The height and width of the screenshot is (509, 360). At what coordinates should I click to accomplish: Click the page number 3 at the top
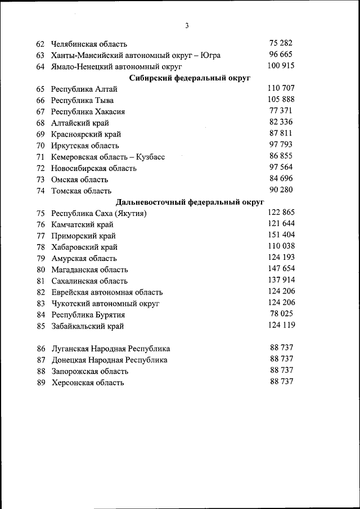[187, 25]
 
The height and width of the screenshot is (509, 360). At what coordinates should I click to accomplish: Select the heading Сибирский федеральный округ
[190, 78]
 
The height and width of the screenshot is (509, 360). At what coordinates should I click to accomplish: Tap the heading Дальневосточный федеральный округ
[190, 202]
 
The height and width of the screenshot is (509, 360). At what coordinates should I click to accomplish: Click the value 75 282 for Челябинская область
[281, 43]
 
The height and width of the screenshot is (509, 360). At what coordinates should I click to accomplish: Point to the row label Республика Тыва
[82, 101]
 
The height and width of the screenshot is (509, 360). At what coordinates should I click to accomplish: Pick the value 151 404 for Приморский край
[281, 235]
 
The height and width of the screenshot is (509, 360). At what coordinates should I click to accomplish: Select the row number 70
[40, 146]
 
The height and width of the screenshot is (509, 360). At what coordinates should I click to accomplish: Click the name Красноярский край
[86, 134]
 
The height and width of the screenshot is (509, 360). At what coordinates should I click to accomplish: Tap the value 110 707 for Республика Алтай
[281, 88]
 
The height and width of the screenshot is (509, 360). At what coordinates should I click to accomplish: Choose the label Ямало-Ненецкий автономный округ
[116, 67]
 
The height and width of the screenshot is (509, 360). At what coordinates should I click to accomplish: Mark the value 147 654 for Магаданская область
[281, 269]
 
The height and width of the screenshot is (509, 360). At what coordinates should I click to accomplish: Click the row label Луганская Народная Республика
[110, 349]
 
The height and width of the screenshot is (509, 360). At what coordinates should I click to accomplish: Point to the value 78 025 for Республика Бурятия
[281, 314]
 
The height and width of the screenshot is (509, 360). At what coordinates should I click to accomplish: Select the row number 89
[40, 383]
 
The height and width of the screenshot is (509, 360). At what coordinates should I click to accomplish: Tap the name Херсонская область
[88, 383]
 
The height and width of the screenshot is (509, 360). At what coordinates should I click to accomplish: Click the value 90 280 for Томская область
[281, 190]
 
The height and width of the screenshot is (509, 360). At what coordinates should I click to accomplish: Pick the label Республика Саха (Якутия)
[99, 214]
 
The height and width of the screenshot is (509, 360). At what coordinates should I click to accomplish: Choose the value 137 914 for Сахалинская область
[281, 280]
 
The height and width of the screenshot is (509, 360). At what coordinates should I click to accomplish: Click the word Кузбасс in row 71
[151, 157]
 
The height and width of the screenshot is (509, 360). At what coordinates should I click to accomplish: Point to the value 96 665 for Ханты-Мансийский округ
[281, 55]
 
